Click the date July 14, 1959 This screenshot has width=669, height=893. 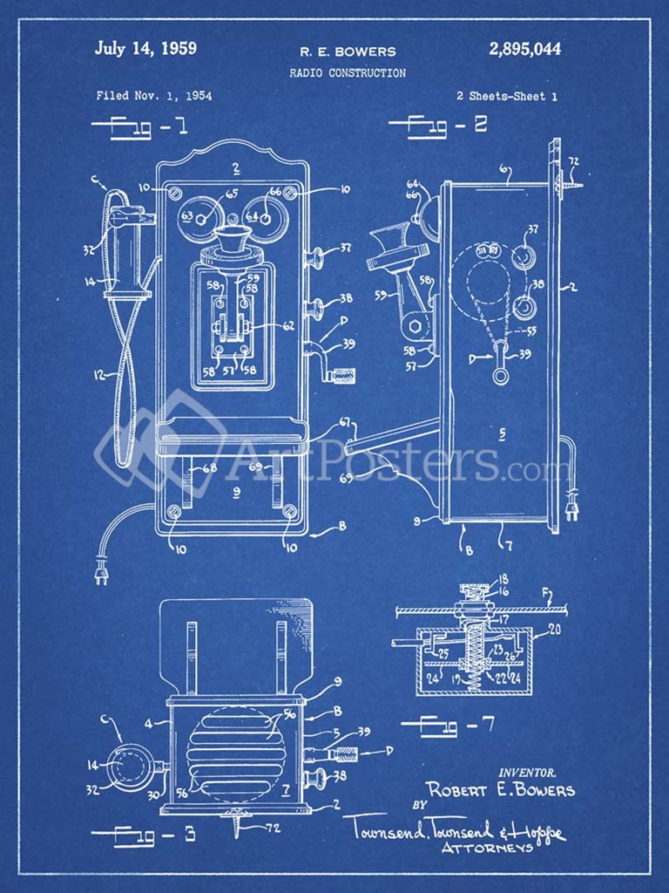pyautogui.click(x=145, y=49)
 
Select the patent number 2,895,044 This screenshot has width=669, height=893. pyautogui.click(x=525, y=49)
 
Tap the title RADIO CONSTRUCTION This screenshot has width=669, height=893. pyautogui.click(x=348, y=73)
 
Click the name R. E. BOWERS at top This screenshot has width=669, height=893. pyautogui.click(x=348, y=51)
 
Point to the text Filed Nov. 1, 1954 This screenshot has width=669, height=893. pyautogui.click(x=153, y=96)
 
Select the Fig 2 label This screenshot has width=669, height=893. pyautogui.click(x=437, y=125)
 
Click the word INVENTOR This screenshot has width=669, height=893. pyautogui.click(x=527, y=772)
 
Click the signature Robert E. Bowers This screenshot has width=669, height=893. pyautogui.click(x=501, y=791)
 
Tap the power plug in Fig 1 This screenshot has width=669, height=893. pyautogui.click(x=101, y=573)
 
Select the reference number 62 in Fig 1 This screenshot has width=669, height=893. pyautogui.click(x=288, y=326)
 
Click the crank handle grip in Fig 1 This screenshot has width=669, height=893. pyautogui.click(x=341, y=377)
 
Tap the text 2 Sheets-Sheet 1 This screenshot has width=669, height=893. pyautogui.click(x=506, y=97)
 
